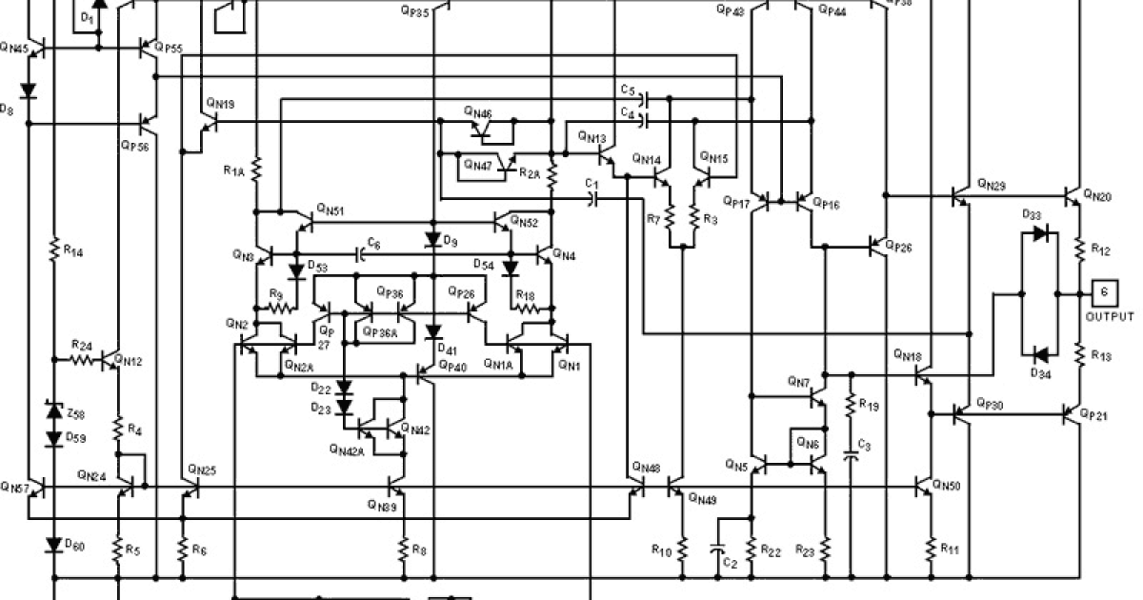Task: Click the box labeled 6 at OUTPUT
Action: click(1103, 292)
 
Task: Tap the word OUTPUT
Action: click(1110, 316)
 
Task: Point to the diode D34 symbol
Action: click(1040, 355)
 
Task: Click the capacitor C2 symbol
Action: click(719, 550)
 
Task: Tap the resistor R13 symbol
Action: click(1079, 353)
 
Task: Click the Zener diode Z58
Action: click(54, 411)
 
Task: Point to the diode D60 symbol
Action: click(54, 545)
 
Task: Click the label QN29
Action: click(991, 181)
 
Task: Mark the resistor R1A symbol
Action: click(256, 170)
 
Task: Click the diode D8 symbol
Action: click(29, 92)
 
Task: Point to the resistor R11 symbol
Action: click(932, 549)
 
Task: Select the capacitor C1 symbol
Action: click(593, 198)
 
